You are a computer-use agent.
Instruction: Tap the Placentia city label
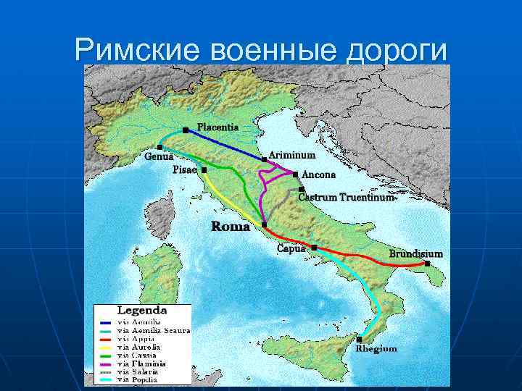[217, 127]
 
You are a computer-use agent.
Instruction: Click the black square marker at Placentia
[186, 130]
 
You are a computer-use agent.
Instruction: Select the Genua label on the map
[159, 156]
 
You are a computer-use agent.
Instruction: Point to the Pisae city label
[185, 169]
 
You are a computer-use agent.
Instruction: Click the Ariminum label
[292, 155]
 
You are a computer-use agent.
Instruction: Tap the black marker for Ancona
[295, 175]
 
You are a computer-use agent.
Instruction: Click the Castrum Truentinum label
[347, 197]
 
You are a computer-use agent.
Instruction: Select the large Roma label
[231, 227]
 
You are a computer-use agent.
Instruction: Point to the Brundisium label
[415, 254]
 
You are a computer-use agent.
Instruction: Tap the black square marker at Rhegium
[360, 339]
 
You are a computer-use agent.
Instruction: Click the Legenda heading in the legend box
[143, 311]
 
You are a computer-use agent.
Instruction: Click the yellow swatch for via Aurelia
[107, 347]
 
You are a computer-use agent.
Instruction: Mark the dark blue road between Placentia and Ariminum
[225, 145]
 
